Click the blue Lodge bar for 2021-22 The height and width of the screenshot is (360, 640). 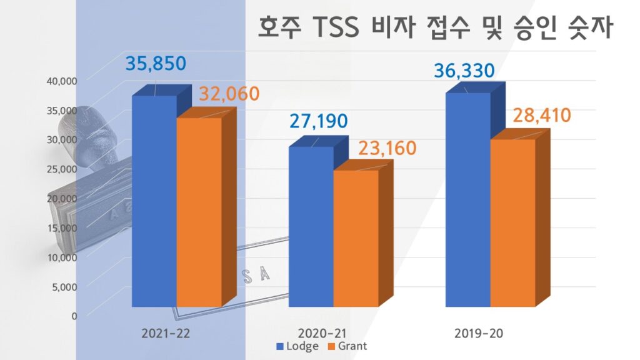tap(154, 200)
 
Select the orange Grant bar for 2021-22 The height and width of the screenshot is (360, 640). tap(199, 212)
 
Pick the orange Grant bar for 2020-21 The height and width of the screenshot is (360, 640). tap(356, 237)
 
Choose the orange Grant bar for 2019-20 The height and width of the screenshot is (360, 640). tap(512, 222)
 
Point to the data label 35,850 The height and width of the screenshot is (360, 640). tap(156, 64)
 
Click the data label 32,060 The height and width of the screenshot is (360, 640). tap(229, 94)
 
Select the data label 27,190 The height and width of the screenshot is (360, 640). tap(317, 121)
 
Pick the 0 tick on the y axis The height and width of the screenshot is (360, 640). tap(74, 316)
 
